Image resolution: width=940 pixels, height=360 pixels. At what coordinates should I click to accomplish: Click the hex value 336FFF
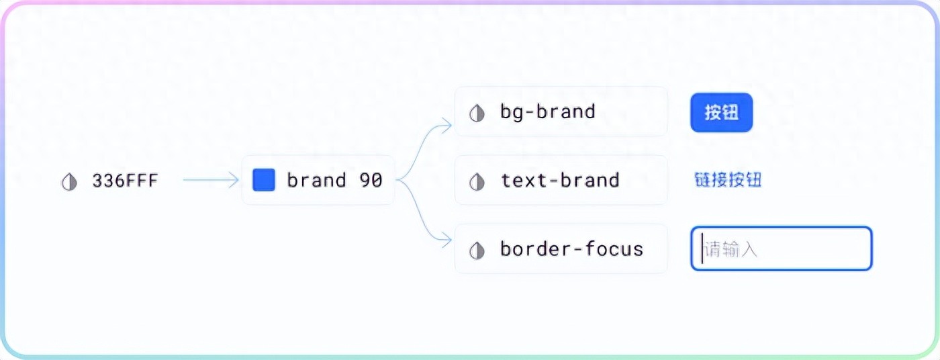126,181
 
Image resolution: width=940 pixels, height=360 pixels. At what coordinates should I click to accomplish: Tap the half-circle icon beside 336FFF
69,181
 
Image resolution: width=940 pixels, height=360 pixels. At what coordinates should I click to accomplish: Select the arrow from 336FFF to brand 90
210,180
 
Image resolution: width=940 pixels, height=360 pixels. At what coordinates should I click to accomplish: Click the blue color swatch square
264,180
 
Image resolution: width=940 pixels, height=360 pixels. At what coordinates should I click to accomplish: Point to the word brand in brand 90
316,180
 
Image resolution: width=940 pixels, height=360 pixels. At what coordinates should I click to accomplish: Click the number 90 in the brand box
370,180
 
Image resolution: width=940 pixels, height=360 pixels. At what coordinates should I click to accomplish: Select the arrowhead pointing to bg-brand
448,124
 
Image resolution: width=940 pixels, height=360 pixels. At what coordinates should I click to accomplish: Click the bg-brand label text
548,111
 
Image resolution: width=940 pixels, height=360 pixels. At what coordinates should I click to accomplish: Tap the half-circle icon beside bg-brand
477,113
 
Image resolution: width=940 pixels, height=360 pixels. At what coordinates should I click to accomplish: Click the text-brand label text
560,180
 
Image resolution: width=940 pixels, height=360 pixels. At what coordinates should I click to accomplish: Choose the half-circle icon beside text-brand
477,181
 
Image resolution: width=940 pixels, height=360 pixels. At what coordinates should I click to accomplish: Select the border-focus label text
571,249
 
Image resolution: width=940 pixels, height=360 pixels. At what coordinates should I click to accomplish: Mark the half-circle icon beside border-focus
477,251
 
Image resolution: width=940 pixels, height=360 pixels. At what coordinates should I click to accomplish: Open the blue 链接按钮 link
728,180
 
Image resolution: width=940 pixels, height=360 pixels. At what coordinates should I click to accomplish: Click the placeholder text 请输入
732,251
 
